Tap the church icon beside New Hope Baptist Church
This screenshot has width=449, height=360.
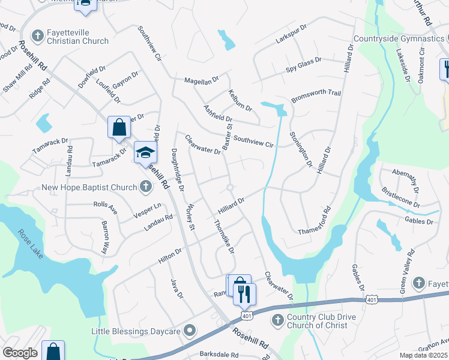click(x=145, y=187)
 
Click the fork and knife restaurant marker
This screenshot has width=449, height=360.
click(x=244, y=295)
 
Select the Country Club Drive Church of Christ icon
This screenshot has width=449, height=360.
click(x=277, y=320)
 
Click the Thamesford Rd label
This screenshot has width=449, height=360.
click(x=315, y=222)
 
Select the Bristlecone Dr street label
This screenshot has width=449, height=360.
click(x=400, y=197)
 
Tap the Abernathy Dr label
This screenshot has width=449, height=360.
click(x=408, y=178)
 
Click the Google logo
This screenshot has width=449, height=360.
click(x=20, y=353)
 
